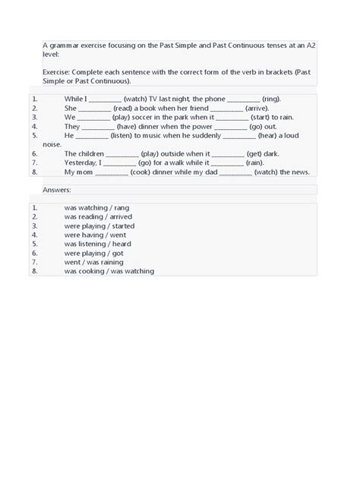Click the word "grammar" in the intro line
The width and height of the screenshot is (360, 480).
tap(65, 46)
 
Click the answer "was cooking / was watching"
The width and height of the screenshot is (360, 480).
tap(109, 271)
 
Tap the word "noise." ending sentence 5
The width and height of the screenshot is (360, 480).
tap(52, 144)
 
